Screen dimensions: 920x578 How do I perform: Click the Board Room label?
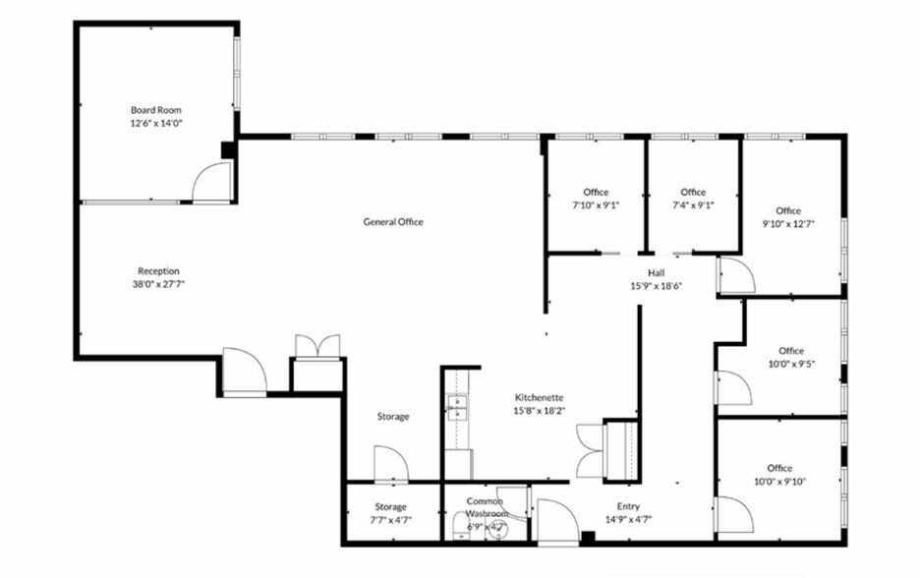pyautogui.click(x=156, y=110)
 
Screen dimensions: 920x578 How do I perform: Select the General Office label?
pyautogui.click(x=393, y=222)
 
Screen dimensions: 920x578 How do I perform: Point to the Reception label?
pyautogui.click(x=158, y=271)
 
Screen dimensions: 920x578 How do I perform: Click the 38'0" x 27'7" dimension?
pyautogui.click(x=158, y=285)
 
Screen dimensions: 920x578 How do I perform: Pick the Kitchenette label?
pyautogui.click(x=540, y=397)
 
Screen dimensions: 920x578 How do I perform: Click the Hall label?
pyautogui.click(x=656, y=273)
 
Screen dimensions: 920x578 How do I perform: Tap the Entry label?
pyautogui.click(x=628, y=506)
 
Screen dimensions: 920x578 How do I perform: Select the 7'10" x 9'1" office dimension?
pyautogui.click(x=596, y=205)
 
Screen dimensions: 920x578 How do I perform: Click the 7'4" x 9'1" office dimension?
pyautogui.click(x=693, y=205)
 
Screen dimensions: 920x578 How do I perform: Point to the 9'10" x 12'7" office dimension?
pyautogui.click(x=788, y=223)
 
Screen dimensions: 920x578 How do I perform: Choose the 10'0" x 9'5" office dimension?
pyautogui.click(x=791, y=364)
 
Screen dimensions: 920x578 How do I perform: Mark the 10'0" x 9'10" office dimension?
pyautogui.click(x=779, y=482)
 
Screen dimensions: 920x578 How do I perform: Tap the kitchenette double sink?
pyautogui.click(x=456, y=408)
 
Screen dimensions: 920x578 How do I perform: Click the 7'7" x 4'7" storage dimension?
pyautogui.click(x=391, y=520)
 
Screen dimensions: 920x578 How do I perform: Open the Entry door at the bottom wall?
pyautogui.click(x=557, y=522)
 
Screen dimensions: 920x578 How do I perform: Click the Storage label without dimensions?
pyautogui.click(x=393, y=417)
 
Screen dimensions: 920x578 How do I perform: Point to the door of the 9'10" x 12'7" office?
pyautogui.click(x=737, y=275)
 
